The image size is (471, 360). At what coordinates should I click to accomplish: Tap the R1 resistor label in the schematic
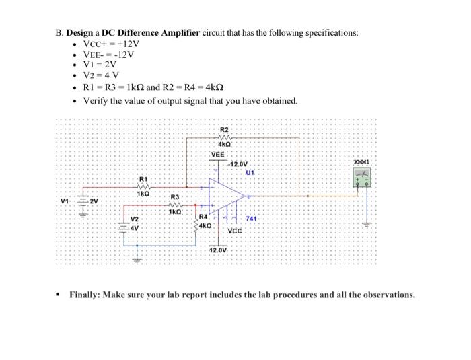(143, 179)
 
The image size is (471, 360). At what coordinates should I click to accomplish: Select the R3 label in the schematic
(174, 196)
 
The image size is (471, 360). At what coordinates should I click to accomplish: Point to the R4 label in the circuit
(204, 217)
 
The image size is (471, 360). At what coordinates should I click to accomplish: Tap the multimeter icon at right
(361, 177)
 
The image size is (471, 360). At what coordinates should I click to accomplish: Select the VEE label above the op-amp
(218, 154)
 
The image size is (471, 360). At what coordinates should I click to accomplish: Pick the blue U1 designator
(251, 172)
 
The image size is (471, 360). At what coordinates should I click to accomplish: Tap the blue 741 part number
(252, 219)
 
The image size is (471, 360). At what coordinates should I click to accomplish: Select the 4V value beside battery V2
(133, 227)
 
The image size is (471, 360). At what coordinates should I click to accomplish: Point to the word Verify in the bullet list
(96, 101)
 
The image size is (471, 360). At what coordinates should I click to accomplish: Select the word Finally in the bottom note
(87, 295)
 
